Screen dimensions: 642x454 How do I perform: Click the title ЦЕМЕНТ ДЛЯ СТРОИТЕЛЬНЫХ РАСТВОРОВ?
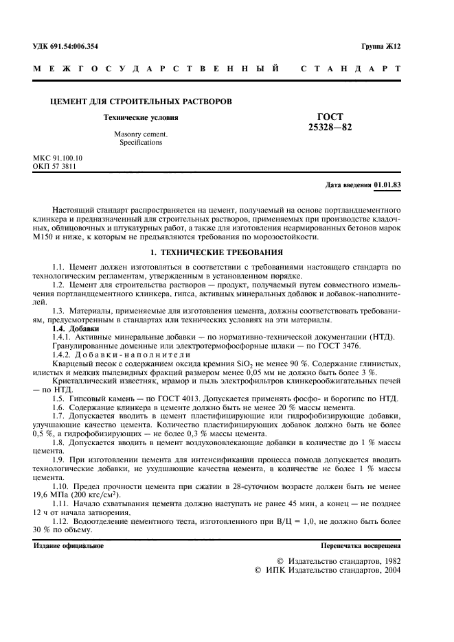(x=141, y=102)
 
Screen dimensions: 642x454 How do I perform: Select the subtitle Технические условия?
(x=140, y=118)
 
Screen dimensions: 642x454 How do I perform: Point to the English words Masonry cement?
(x=141, y=134)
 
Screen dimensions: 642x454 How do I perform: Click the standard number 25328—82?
(x=330, y=127)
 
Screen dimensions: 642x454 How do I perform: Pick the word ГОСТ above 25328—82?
(x=330, y=117)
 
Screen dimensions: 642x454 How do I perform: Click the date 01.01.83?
(x=387, y=186)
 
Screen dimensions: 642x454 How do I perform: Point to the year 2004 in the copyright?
(x=389, y=569)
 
